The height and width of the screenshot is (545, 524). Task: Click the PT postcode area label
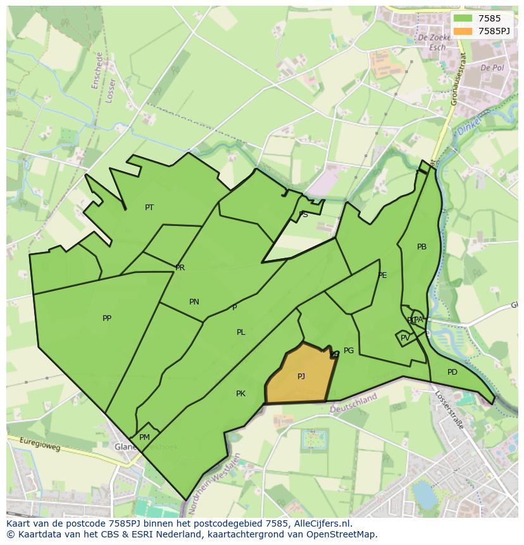point(149,208)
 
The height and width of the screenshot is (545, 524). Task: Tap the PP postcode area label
point(107,318)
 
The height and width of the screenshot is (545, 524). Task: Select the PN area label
point(194,302)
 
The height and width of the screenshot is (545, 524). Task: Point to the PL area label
point(241,332)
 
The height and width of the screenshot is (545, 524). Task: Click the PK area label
point(240,394)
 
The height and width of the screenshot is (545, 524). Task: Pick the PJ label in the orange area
point(301,377)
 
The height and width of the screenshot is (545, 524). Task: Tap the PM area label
point(144,437)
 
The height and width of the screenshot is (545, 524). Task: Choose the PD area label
point(452,372)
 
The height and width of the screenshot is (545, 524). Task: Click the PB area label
point(421,247)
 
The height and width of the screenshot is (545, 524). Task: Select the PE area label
point(382,275)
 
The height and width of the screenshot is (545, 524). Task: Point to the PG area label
point(349,351)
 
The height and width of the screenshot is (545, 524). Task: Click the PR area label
point(180,268)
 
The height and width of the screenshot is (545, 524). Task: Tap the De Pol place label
point(492,68)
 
